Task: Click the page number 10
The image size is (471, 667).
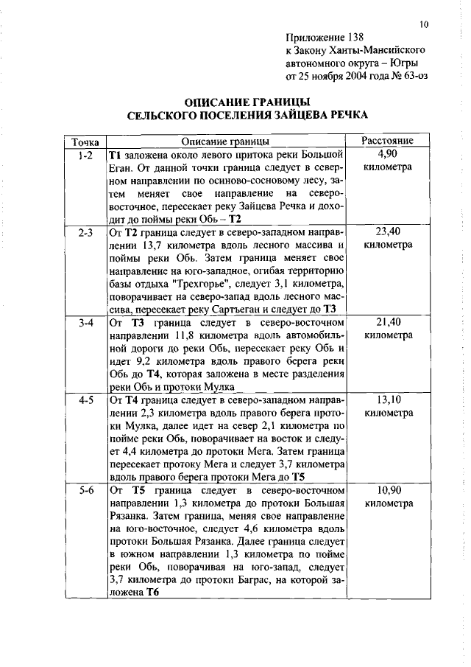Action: pos(424,24)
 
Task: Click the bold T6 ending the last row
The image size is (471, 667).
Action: pos(152,593)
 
